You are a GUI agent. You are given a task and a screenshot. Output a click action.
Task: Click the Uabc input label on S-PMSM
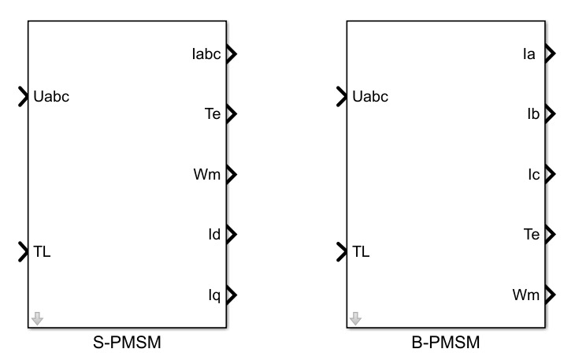54,98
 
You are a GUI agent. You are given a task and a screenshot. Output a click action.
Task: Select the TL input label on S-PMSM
43,252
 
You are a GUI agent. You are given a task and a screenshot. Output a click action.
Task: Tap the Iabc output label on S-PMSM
206,54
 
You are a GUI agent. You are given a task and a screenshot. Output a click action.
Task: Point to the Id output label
213,234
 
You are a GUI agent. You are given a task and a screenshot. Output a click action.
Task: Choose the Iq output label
213,295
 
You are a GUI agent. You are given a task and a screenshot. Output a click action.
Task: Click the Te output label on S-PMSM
212,114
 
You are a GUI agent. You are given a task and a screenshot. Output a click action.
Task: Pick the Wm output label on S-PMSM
206,174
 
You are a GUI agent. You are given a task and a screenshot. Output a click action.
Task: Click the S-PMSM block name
127,343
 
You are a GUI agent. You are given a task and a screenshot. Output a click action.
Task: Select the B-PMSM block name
445,343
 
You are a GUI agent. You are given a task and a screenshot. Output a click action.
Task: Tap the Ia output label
530,54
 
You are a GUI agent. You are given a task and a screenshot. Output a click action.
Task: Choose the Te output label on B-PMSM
530,234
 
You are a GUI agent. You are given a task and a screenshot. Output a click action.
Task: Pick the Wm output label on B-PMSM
525,295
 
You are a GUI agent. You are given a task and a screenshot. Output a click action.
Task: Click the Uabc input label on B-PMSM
372,98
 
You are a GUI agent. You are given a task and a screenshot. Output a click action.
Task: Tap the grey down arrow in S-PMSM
37,318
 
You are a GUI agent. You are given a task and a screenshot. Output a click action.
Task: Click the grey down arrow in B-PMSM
356,318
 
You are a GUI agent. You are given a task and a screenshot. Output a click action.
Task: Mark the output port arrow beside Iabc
232,54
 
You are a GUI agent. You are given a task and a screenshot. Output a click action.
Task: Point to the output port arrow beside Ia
550,54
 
